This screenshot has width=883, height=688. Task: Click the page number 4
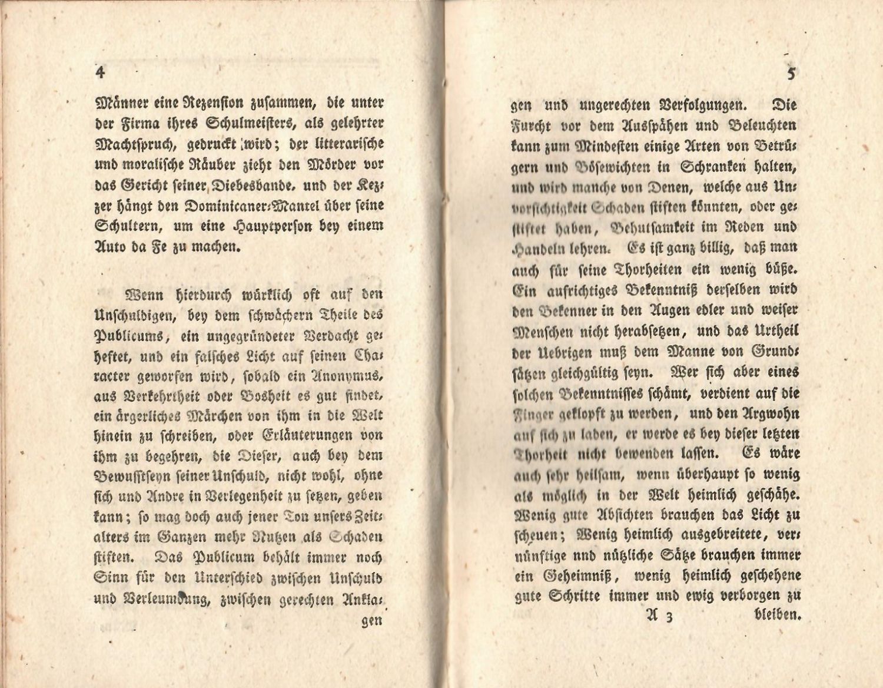pos(99,72)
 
